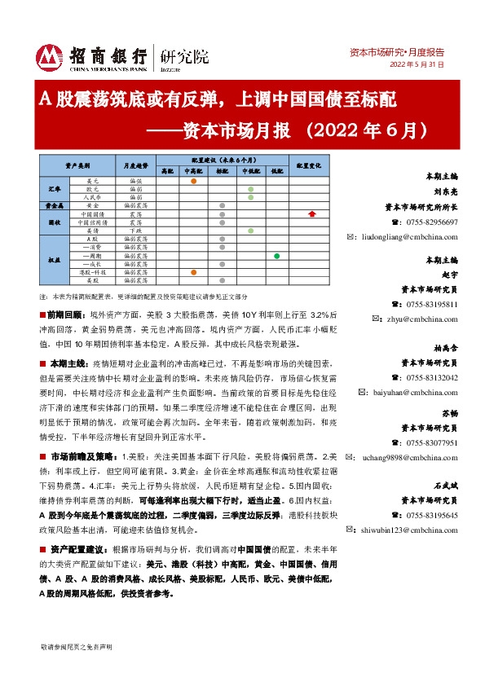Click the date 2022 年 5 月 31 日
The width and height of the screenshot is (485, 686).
[417, 64]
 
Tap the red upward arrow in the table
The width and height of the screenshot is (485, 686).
[311, 213]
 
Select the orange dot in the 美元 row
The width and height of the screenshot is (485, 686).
[193, 180]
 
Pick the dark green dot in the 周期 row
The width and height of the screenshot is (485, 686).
[277, 257]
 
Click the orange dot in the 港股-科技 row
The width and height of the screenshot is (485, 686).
[193, 272]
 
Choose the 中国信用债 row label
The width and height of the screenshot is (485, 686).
[93, 222]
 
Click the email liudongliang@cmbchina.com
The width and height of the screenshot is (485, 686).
[402, 237]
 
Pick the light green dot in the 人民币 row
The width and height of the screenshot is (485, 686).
[250, 197]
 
